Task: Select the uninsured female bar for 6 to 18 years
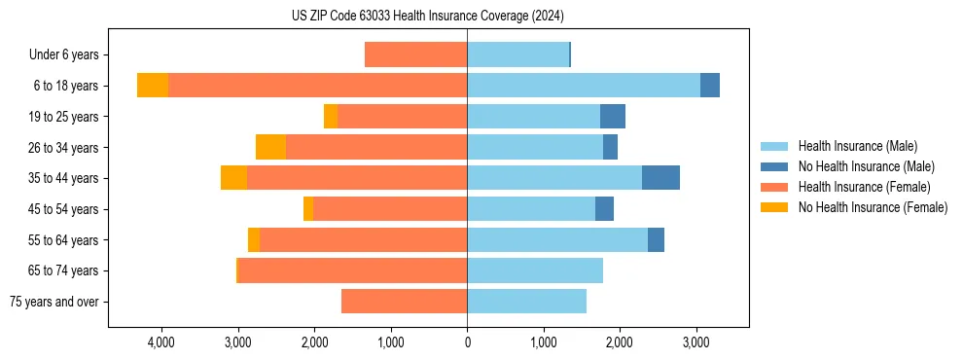tap(153, 86)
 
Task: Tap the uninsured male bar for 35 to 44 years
tap(660, 178)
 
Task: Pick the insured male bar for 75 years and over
tap(526, 302)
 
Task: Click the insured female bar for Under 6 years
tap(415, 54)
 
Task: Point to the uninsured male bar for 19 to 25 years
tap(613, 117)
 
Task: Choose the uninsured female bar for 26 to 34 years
tap(270, 147)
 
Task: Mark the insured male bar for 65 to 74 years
tap(535, 270)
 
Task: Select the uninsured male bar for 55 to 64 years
tap(656, 239)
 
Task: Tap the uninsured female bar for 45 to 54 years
tap(308, 209)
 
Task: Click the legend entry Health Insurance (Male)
tap(857, 146)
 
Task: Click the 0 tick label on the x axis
tap(467, 342)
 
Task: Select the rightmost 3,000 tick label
tap(695, 342)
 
